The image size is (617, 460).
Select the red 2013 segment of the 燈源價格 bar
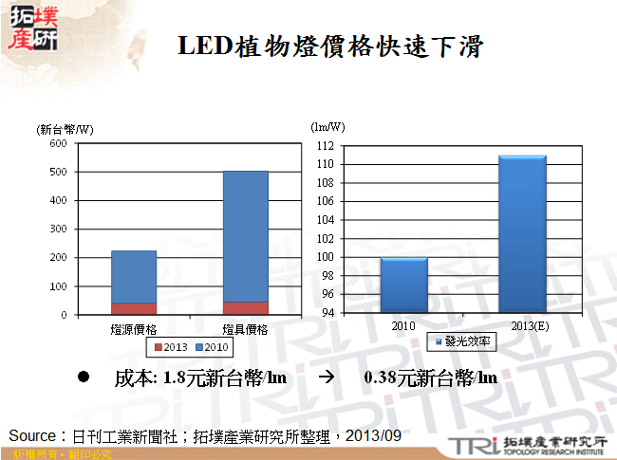pos(134,308)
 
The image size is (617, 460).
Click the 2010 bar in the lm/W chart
pos(404,285)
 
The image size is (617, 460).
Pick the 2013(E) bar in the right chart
pos(522,233)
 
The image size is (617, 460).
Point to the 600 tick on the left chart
pos(58,143)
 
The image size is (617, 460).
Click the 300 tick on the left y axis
pos(58,229)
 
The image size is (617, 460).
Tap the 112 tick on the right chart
pos(325,145)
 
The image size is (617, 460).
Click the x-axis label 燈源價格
pos(134,328)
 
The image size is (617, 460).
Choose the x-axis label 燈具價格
pos(246,328)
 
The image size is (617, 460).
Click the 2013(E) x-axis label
pos(522,325)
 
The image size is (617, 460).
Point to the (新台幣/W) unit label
pos(65,128)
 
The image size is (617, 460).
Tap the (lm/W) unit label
pos(328,126)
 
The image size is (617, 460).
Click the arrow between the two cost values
pos(326,377)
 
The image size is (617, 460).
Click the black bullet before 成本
pos(83,377)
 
